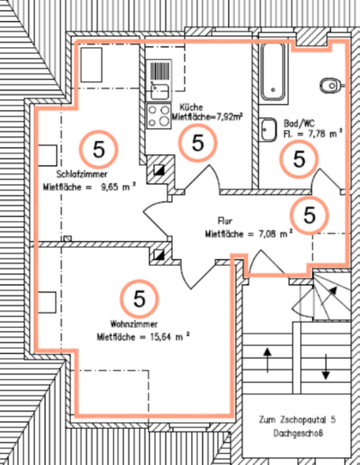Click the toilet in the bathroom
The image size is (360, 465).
coord(332,86)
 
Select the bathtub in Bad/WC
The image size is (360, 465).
coord(274,72)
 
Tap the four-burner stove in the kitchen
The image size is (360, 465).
coord(159,116)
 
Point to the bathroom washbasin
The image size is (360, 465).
coord(269,130)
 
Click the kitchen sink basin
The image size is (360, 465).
coord(160,90)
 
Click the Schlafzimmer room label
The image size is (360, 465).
coord(82,174)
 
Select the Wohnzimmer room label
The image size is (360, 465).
coord(134,324)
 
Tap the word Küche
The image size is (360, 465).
coord(192,107)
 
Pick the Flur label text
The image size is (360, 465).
coord(225,221)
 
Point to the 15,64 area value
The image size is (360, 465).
coord(160,338)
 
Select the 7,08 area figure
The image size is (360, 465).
coord(269,234)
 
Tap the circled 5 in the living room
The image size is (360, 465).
coord(140,299)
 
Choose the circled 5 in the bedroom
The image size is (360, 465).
coord(99,149)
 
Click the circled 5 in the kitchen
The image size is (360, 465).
coord(198,142)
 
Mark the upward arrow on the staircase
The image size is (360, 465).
coord(267,360)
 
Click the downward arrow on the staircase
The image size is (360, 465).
coord(326,367)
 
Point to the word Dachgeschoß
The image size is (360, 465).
coord(298,434)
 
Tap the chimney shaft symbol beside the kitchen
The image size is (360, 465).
coord(159,170)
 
